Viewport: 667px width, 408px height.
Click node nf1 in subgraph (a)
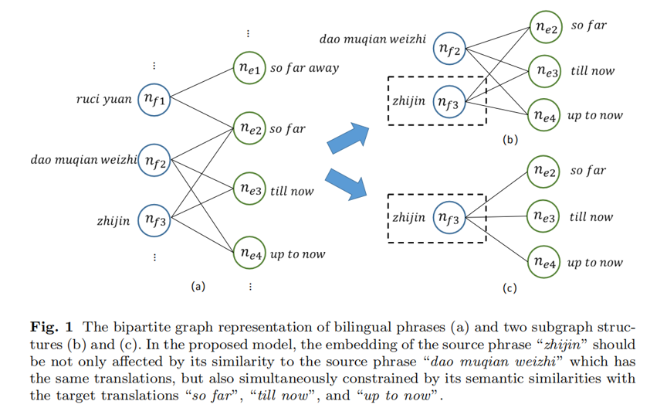point(155,100)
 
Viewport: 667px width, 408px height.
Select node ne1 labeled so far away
point(250,68)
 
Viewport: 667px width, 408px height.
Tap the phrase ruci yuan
point(104,100)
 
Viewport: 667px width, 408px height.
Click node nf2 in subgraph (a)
point(155,161)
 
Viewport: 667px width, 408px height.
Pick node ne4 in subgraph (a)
point(250,253)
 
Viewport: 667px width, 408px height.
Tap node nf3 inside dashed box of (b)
point(449,102)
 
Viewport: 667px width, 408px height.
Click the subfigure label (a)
point(198,286)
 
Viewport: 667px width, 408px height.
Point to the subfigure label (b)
point(510,140)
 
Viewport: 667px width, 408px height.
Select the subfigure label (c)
point(510,288)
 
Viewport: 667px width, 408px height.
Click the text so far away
point(304,68)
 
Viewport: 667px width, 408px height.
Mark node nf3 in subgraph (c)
point(449,218)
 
